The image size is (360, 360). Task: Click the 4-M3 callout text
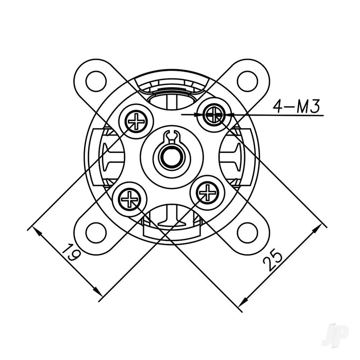pyautogui.click(x=296, y=107)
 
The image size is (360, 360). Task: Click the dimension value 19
pyautogui.click(x=70, y=252)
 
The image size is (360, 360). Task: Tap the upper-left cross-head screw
pyautogui.click(x=136, y=121)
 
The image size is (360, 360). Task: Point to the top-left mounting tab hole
pyautogui.click(x=96, y=81)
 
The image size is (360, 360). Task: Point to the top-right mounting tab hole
pyautogui.click(x=247, y=81)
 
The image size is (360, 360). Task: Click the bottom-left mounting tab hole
pyautogui.click(x=96, y=233)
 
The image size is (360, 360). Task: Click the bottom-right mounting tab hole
pyautogui.click(x=247, y=233)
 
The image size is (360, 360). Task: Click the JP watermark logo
pyautogui.click(x=335, y=335)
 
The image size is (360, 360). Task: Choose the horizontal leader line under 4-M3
pyautogui.click(x=277, y=115)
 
